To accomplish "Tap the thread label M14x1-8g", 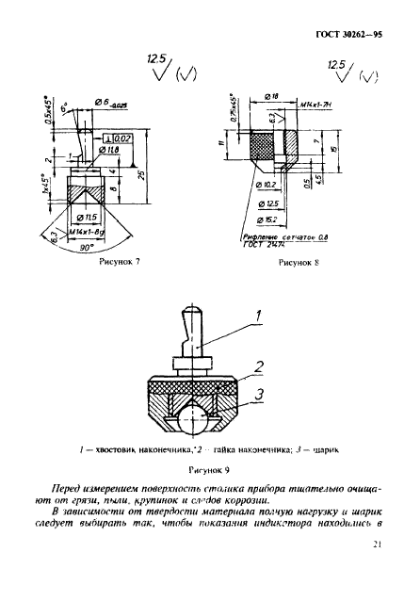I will pyautogui.click(x=97, y=228).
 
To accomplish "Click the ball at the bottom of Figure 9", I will pyautogui.click(x=196, y=415).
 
